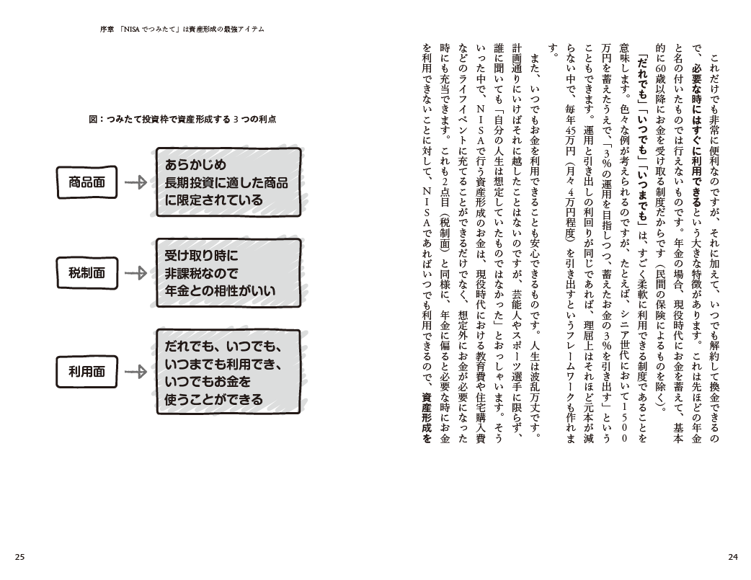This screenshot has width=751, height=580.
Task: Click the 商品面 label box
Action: (x=86, y=182)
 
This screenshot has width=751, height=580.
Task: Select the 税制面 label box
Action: (x=86, y=274)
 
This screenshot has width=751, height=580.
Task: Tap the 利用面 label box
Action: (x=86, y=372)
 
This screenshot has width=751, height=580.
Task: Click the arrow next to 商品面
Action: (x=135, y=183)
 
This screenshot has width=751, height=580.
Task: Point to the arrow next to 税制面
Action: (x=135, y=274)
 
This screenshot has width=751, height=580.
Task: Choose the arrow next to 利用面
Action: (x=135, y=372)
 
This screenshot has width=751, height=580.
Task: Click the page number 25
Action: (x=19, y=556)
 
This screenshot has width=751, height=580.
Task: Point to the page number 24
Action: (x=732, y=556)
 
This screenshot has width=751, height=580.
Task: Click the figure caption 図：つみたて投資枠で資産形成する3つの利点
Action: (x=183, y=119)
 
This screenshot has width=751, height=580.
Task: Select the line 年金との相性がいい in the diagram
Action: (x=220, y=292)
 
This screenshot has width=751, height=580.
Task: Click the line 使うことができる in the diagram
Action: (x=213, y=398)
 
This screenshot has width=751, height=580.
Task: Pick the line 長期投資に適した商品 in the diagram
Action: (x=226, y=182)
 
